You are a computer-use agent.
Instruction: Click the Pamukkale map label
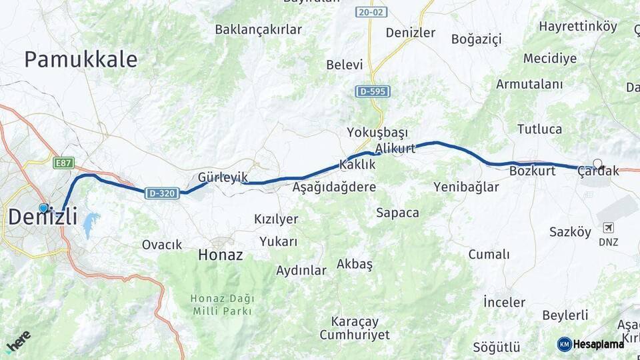click(81, 59)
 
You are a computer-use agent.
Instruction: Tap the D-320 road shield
click(162, 193)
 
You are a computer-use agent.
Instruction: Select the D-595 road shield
click(372, 91)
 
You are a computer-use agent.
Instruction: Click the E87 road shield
click(63, 162)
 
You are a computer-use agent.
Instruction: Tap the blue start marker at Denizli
click(43, 208)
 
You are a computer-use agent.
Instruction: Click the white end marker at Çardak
click(597, 163)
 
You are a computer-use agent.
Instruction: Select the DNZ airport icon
click(608, 228)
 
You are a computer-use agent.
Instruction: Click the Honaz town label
click(221, 255)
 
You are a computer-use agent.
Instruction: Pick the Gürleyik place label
click(223, 177)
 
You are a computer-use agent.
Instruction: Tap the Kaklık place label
click(357, 164)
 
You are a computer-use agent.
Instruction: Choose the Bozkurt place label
click(532, 171)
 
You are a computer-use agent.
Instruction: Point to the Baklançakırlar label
click(258, 29)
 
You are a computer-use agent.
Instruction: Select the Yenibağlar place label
click(466, 187)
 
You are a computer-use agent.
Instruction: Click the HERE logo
click(18, 341)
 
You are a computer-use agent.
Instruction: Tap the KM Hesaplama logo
click(591, 344)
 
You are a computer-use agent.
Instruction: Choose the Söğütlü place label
click(496, 347)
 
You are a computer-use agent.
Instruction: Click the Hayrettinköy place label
click(578, 27)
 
